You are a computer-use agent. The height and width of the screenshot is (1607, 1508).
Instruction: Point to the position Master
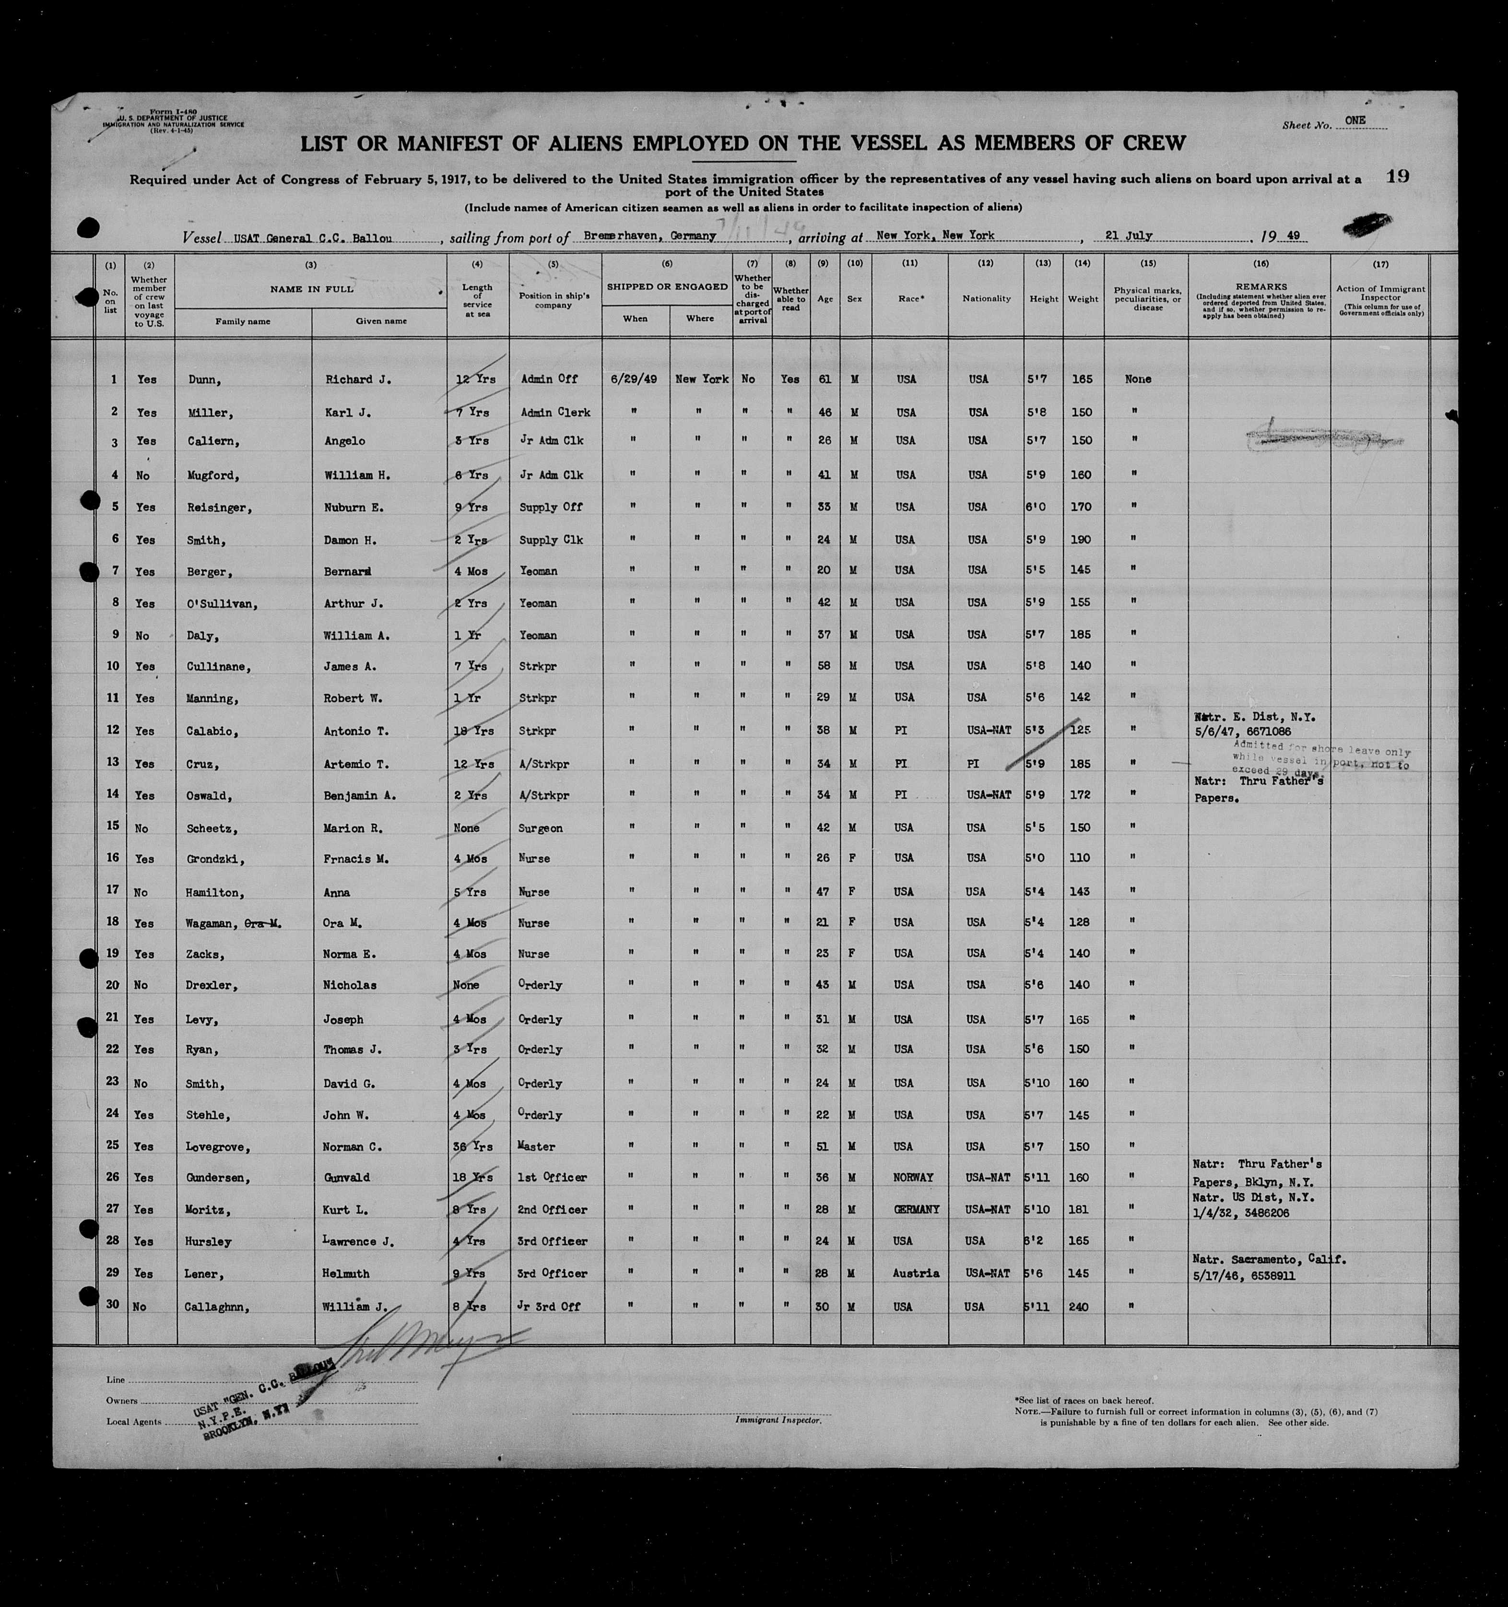tap(537, 1146)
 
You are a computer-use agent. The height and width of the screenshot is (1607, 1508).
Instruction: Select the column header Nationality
tap(986, 298)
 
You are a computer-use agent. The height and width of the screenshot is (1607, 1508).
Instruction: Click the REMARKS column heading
tap(1260, 286)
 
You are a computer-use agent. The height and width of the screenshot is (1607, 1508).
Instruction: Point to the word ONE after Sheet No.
tap(1355, 120)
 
